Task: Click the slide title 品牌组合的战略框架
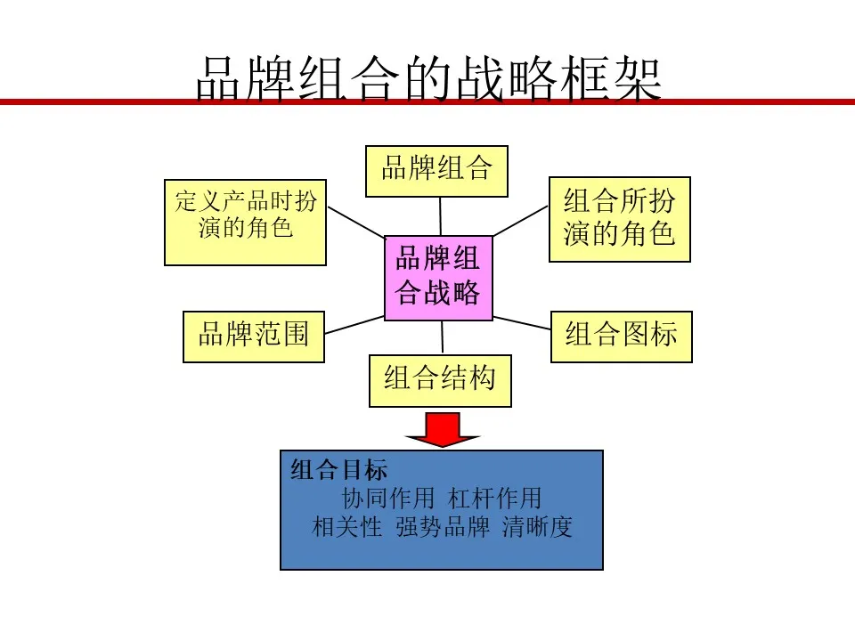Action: (428, 79)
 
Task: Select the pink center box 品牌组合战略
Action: (438, 278)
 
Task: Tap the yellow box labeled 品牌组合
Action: (436, 171)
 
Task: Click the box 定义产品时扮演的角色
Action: (246, 223)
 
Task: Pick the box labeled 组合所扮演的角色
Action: (620, 219)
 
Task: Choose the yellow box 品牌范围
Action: (254, 337)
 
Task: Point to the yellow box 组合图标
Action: (621, 337)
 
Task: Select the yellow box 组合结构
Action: (440, 381)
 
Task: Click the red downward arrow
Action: (443, 430)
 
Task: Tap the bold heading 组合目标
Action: (338, 470)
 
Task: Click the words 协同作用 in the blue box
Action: (387, 499)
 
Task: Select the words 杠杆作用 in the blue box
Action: (494, 499)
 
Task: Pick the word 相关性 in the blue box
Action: (346, 527)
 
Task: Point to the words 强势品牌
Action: (443, 527)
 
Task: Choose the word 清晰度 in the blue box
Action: (537, 527)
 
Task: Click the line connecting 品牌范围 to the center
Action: (354, 325)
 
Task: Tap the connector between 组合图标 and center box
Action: (522, 322)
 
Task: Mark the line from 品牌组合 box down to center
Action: (441, 216)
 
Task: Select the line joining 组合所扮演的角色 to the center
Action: (521, 221)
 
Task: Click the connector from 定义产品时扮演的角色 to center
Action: (356, 223)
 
